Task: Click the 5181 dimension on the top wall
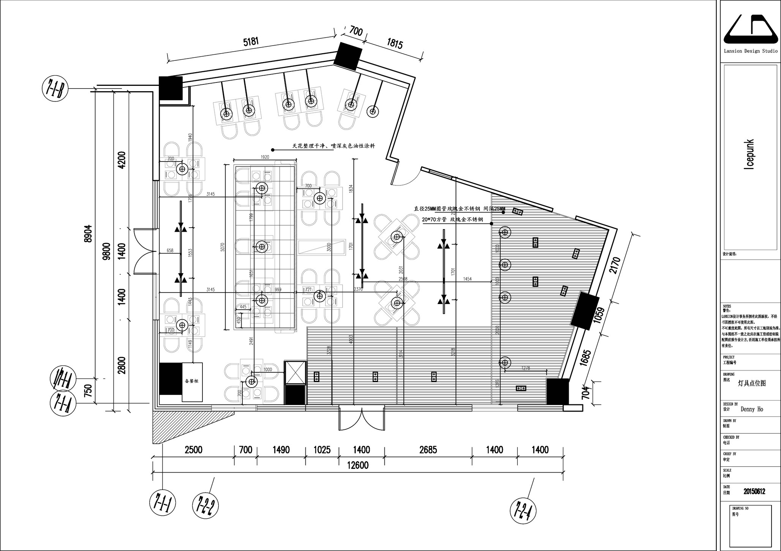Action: pos(251,41)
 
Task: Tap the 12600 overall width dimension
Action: pos(358,465)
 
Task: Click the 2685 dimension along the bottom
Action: pos(428,450)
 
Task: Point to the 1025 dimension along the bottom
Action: pos(322,450)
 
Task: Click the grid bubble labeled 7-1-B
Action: pos(55,89)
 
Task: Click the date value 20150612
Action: pos(754,491)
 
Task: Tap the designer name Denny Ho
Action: pos(752,409)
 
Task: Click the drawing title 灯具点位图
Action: pos(751,383)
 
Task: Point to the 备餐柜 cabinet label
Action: pos(191,381)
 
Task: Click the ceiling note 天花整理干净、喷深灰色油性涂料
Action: pos(333,146)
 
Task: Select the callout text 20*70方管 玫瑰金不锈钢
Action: pos(452,220)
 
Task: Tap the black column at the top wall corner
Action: pos(348,56)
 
